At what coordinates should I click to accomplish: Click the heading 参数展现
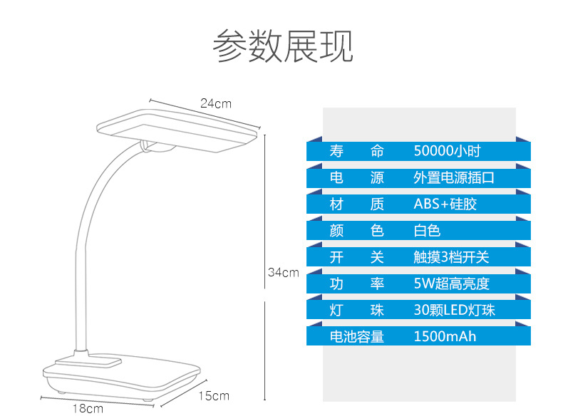click(282, 46)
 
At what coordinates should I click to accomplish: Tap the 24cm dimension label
click(215, 103)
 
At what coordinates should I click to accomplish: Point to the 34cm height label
click(283, 272)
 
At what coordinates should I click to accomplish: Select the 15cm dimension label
click(213, 395)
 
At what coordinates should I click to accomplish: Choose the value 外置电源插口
click(453, 178)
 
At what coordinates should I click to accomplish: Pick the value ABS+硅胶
click(445, 204)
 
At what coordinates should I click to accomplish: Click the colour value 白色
click(427, 231)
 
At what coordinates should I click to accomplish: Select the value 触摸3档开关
click(451, 257)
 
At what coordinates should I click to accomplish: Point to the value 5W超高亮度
click(451, 284)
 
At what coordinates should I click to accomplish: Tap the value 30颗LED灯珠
click(454, 310)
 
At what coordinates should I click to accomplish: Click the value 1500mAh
click(445, 336)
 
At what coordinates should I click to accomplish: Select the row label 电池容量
click(356, 336)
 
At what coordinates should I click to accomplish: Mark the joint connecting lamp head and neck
click(157, 147)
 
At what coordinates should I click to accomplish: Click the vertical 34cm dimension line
click(265, 214)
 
